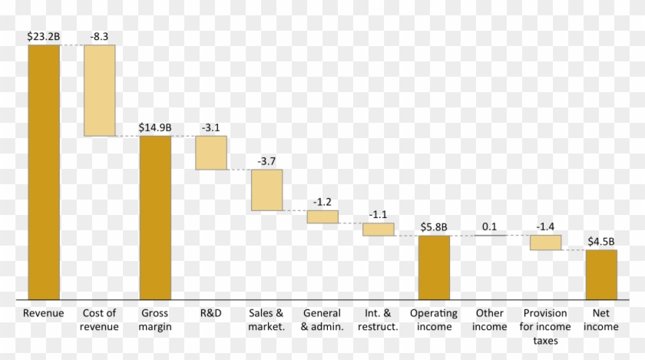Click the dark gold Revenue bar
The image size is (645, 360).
[43, 171]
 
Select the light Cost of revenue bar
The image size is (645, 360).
[99, 91]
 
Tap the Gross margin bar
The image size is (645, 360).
[155, 217]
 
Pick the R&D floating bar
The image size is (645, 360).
[211, 152]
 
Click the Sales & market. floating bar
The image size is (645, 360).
[266, 190]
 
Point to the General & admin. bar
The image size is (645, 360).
[322, 216]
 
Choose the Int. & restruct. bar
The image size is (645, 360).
[379, 229]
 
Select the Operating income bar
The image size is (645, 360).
[434, 266]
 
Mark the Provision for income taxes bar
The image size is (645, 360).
[545, 242]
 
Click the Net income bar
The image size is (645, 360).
[601, 273]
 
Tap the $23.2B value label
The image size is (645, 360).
[43, 36]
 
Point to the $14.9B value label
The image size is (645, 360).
[155, 127]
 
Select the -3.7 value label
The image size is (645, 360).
[266, 160]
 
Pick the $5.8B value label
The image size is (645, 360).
[434, 227]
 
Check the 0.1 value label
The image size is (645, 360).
[489, 226]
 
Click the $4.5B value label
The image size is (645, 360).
[601, 241]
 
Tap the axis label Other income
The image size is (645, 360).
[490, 319]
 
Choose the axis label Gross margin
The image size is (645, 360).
[155, 319]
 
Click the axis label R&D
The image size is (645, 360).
[211, 313]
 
